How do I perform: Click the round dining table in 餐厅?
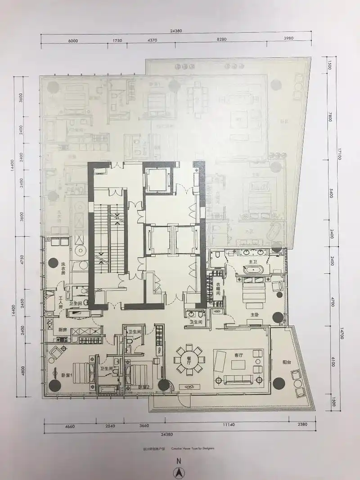[189, 359]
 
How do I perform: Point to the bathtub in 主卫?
[253, 270]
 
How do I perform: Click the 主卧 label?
[255, 314]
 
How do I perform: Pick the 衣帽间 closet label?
[218, 288]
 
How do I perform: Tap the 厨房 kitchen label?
[63, 330]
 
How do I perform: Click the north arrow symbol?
[178, 472]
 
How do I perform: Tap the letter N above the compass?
[178, 461]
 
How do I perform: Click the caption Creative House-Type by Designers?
[193, 448]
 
